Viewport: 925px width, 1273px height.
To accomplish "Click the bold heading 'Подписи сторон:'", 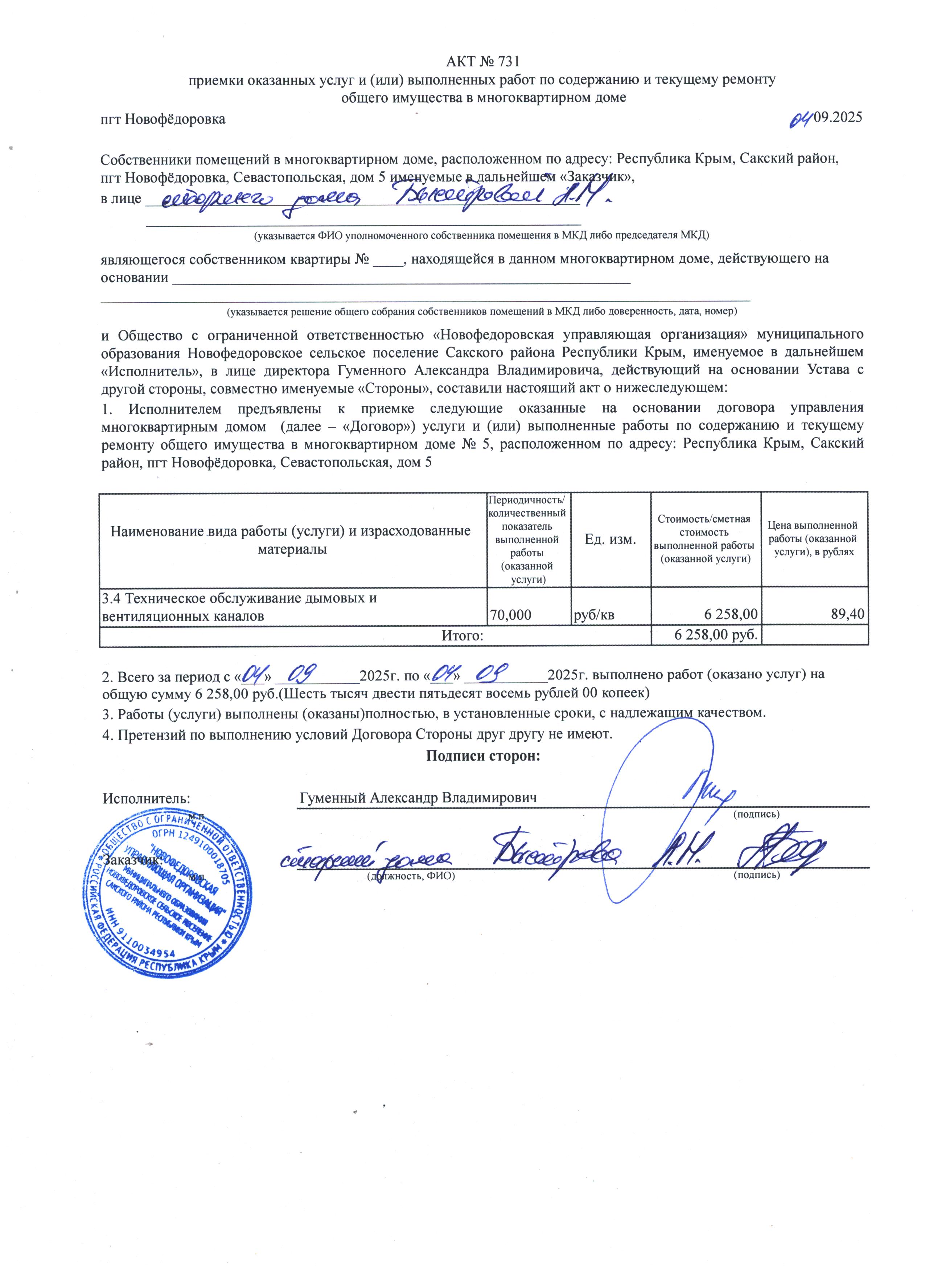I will (483, 756).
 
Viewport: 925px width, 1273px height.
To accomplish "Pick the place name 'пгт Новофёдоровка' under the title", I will (163, 119).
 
